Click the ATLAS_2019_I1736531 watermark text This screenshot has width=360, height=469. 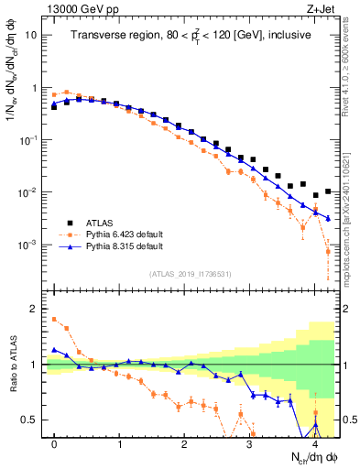(191, 274)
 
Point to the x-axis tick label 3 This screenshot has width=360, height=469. (249, 443)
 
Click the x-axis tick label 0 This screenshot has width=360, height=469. (55, 443)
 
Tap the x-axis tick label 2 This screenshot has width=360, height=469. (184, 443)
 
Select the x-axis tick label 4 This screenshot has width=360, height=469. (314, 443)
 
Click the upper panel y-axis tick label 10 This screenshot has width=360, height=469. (31, 35)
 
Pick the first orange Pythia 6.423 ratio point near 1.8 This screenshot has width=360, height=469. (55, 320)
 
